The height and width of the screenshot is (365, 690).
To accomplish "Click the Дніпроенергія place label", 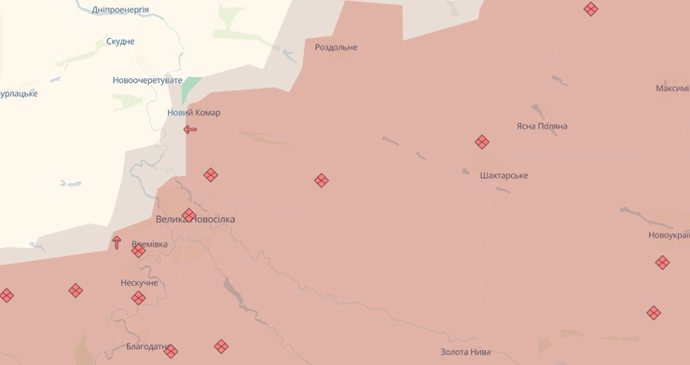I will (120, 10).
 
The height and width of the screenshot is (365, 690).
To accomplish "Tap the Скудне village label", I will (120, 42).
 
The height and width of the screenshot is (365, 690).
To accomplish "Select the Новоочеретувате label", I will (147, 81).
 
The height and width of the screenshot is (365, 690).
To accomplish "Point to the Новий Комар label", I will (194, 113).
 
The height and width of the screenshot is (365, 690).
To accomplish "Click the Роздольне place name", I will (336, 47).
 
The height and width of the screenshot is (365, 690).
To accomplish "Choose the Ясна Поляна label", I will (541, 127).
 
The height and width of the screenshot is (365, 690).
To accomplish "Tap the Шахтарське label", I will (504, 176).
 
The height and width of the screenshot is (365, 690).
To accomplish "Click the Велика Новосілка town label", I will (196, 220).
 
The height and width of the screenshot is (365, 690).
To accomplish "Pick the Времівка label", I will (149, 244).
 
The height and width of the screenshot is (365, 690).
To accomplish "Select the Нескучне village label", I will (139, 283).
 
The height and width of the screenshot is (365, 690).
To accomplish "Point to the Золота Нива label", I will (465, 352).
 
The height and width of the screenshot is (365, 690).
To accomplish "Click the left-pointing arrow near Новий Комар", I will (190, 129).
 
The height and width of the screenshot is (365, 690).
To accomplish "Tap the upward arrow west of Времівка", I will (117, 242).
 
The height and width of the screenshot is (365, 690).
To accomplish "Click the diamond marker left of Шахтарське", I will (482, 142).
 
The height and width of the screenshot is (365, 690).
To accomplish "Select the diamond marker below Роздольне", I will (322, 181).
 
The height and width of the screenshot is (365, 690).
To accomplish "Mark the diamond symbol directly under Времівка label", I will (138, 251).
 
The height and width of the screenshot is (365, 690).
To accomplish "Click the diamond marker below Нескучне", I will (138, 298).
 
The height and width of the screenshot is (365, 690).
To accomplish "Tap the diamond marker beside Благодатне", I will (171, 351).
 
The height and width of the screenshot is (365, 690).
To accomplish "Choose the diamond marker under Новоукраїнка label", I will (662, 263).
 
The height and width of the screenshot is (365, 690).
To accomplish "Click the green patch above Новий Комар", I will (191, 89).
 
